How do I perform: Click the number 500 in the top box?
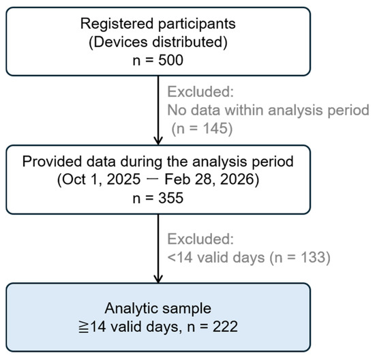pyautogui.click(x=170, y=60)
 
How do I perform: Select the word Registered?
pyautogui.click(x=117, y=24)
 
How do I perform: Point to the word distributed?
pyautogui.click(x=190, y=42)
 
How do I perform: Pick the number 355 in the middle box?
pyautogui.click(x=170, y=198)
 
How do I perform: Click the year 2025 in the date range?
pyautogui.click(x=123, y=179)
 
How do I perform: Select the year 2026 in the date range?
pyautogui.click(x=237, y=179)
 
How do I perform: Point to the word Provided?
pyautogui.click(x=52, y=162)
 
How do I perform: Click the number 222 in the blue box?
pyautogui.click(x=225, y=327)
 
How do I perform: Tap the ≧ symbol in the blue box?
pyautogui.click(x=84, y=327)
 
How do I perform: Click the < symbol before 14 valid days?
pyautogui.click(x=171, y=258)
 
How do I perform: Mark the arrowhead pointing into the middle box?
pyautogui.click(x=158, y=140)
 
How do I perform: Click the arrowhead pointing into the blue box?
pyautogui.click(x=158, y=279)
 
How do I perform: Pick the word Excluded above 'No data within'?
pyautogui.click(x=200, y=91)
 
